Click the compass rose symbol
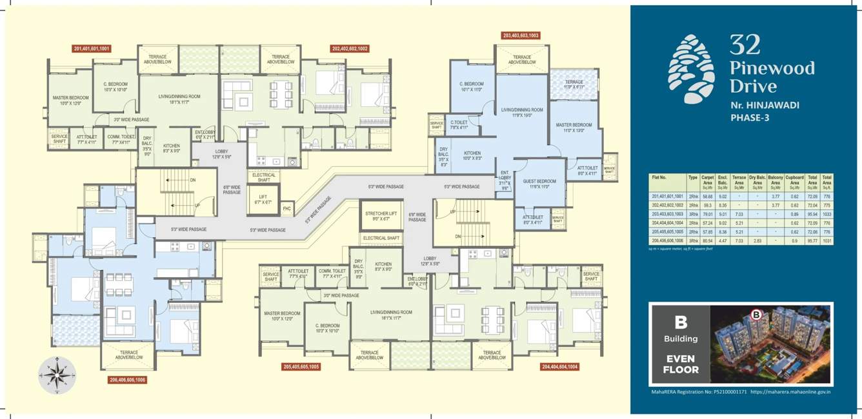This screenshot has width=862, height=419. [57, 376]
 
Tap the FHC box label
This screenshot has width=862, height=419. [287, 209]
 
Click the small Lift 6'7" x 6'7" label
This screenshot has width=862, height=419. [263, 200]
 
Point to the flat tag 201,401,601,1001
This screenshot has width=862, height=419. [92, 48]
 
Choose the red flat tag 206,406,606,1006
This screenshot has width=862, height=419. [127, 380]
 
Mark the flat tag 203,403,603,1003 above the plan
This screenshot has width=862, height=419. [520, 35]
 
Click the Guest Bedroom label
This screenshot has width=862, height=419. [540, 183]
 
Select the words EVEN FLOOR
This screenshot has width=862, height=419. [681, 364]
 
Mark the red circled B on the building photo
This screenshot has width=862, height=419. [756, 315]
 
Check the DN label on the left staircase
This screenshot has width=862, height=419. [192, 180]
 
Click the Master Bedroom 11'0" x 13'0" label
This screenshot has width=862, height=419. [574, 128]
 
